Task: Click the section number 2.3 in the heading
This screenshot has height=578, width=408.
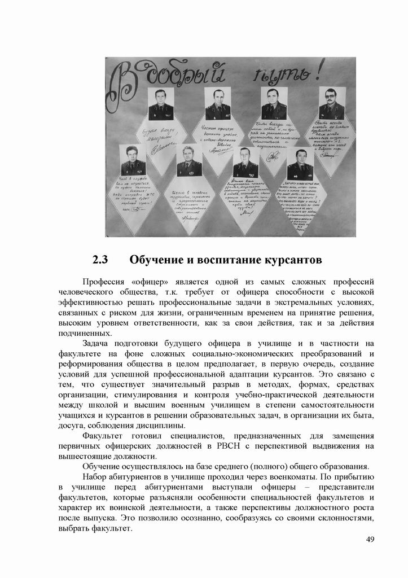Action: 100,260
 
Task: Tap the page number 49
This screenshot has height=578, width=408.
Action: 370,540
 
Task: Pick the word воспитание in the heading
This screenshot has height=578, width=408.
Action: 217,260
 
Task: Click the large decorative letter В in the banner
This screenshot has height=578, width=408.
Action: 126,84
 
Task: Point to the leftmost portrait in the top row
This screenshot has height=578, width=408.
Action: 161,103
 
